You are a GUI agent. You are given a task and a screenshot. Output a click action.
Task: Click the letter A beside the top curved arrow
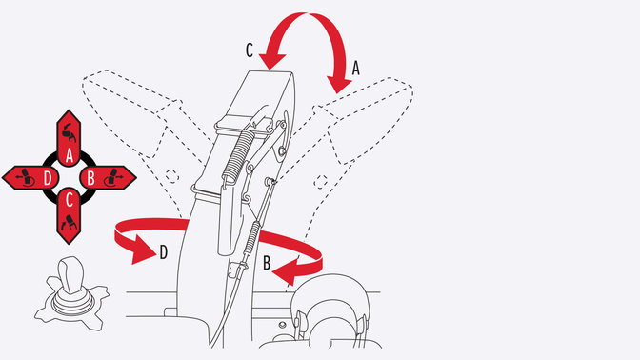(357, 68)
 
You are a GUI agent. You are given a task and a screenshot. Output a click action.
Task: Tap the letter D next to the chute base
(163, 252)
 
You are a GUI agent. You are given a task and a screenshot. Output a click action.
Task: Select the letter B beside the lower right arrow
(268, 259)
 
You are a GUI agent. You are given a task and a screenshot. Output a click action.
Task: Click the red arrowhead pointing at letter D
(142, 251)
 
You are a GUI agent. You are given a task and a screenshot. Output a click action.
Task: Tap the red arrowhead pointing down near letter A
(338, 84)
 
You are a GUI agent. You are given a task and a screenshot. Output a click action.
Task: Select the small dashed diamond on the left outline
(172, 176)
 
